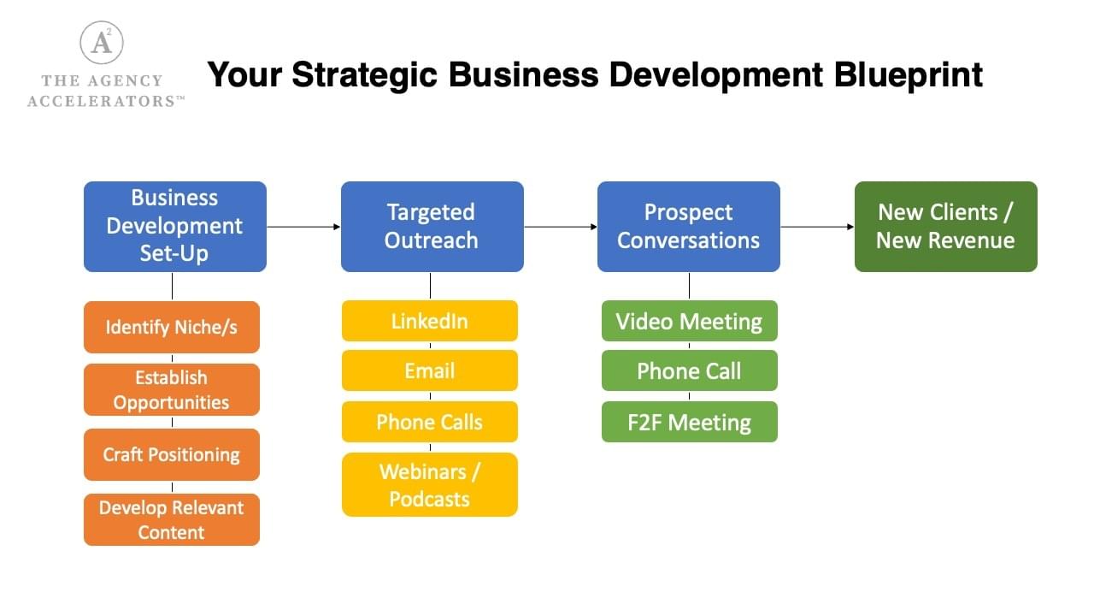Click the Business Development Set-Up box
coord(175,227)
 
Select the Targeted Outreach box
coord(432,227)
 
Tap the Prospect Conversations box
coord(689,227)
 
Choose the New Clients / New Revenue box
coord(946,227)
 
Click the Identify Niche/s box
coord(172,327)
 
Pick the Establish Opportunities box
coord(172,389)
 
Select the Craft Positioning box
coord(172,454)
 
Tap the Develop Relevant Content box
coord(172,519)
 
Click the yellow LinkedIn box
coord(430,321)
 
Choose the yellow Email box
coord(430,370)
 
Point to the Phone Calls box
coord(430,422)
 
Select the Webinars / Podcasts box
coord(430,484)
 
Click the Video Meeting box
coord(690,321)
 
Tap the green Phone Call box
coord(690,370)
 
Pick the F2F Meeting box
coord(690,422)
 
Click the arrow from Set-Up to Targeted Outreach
coord(303,227)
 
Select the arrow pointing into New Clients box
coord(818,227)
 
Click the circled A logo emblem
coord(102,43)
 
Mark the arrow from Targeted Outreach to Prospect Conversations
coord(561,227)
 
